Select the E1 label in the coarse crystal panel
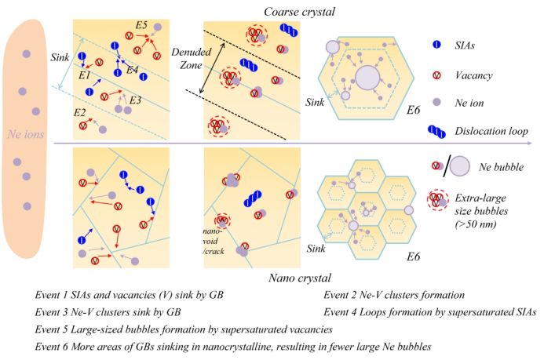tap(84, 75)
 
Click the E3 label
tap(135, 100)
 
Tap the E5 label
tap(141, 26)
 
